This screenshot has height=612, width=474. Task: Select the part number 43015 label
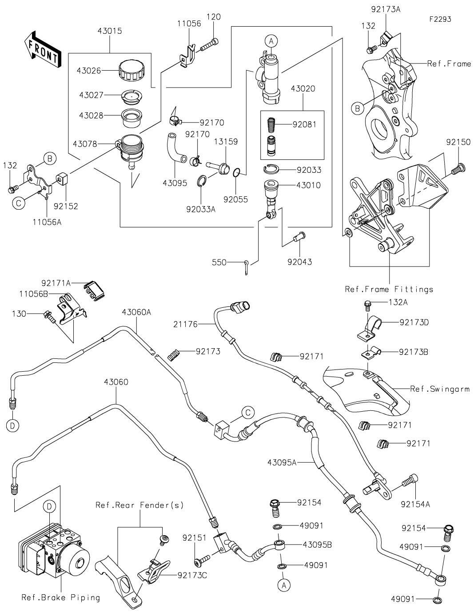(110, 32)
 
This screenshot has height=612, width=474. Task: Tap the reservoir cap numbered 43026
(132, 72)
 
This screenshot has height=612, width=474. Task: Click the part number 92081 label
(305, 124)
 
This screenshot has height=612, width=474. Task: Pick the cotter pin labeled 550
(247, 266)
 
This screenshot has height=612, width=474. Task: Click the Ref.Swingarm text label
(440, 389)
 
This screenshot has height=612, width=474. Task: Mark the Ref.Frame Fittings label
(389, 290)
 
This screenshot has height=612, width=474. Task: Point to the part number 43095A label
(282, 462)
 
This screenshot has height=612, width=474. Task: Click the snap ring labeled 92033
(272, 170)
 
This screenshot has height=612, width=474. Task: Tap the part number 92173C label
(192, 576)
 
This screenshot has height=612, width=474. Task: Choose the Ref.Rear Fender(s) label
(139, 505)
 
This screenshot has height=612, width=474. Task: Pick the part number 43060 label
(116, 382)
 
